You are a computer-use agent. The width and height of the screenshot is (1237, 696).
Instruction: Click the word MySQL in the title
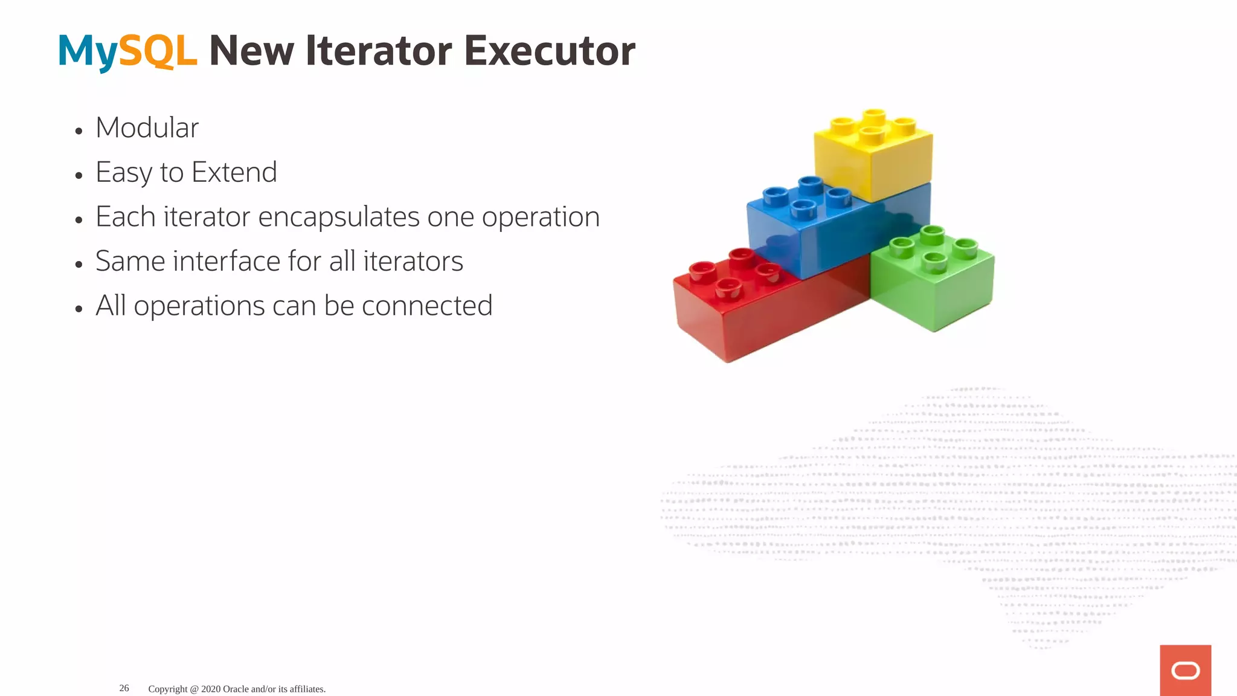point(127,51)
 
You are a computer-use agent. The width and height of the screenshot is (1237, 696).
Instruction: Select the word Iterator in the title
point(379,51)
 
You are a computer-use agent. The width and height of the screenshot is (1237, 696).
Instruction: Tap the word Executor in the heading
point(549,51)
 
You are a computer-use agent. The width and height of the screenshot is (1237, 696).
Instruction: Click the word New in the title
point(251,51)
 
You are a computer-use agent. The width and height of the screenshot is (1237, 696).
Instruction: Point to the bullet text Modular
point(147,128)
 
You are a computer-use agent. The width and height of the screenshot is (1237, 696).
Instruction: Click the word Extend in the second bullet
point(234,173)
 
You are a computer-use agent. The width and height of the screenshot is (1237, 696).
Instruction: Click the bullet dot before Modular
point(79,130)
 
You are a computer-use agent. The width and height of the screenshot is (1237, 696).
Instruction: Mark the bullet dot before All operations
point(79,309)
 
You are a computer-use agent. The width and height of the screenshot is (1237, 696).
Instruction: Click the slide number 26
point(124,688)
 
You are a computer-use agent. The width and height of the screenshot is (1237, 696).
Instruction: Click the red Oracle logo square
point(1185,670)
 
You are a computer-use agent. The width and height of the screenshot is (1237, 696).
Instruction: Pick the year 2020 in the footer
point(211,689)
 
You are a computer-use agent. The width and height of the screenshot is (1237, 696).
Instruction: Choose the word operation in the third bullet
point(540,217)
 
